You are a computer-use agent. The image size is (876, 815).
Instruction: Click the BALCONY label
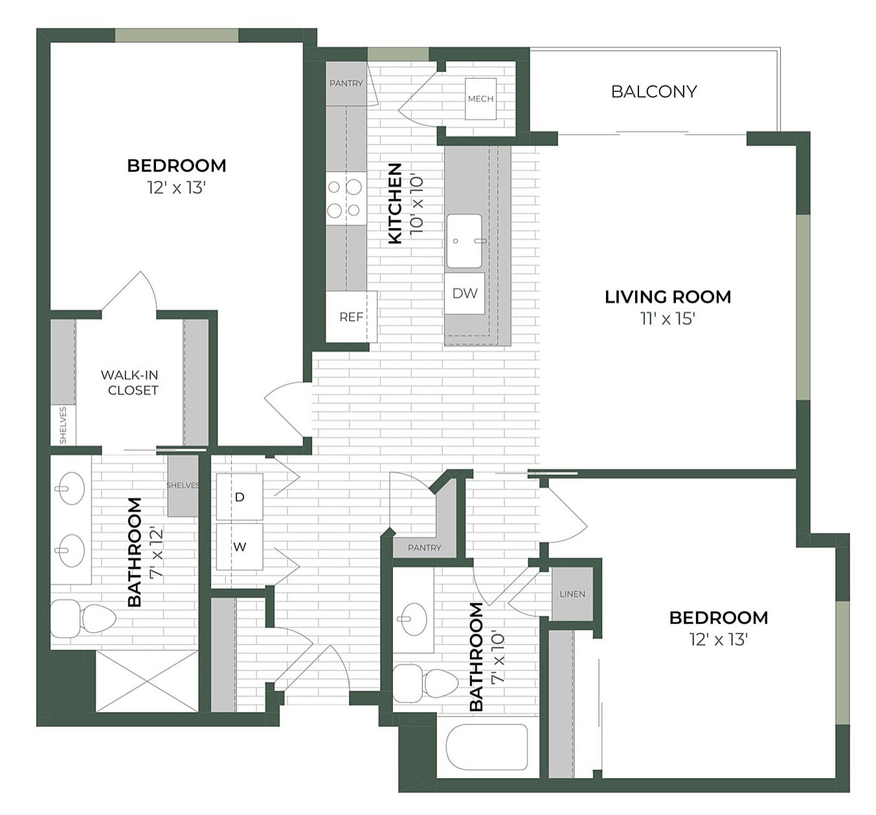pos(654,91)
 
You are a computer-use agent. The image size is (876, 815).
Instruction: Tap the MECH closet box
pos(480,99)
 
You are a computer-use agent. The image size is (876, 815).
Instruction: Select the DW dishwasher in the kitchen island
pos(465,293)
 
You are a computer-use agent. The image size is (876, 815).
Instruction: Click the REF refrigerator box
pos(351,317)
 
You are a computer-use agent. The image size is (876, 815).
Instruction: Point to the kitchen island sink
pos(464,241)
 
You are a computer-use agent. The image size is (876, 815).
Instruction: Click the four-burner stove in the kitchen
pos(346,198)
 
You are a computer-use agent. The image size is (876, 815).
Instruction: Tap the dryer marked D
pos(240,497)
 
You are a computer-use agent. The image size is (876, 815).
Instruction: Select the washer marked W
pos(240,547)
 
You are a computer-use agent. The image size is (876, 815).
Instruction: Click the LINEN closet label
pos(572,593)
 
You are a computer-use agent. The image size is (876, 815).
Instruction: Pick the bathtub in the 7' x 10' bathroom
pos(487,747)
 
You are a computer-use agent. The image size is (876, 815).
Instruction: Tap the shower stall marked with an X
pos(147,682)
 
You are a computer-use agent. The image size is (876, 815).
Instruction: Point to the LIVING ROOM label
pos(668,297)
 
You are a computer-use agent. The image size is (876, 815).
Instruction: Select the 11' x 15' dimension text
pos(668,318)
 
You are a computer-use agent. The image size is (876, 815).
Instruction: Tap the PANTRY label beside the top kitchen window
pos(346,84)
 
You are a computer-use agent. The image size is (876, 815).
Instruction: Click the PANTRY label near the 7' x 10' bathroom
pos(424,547)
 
